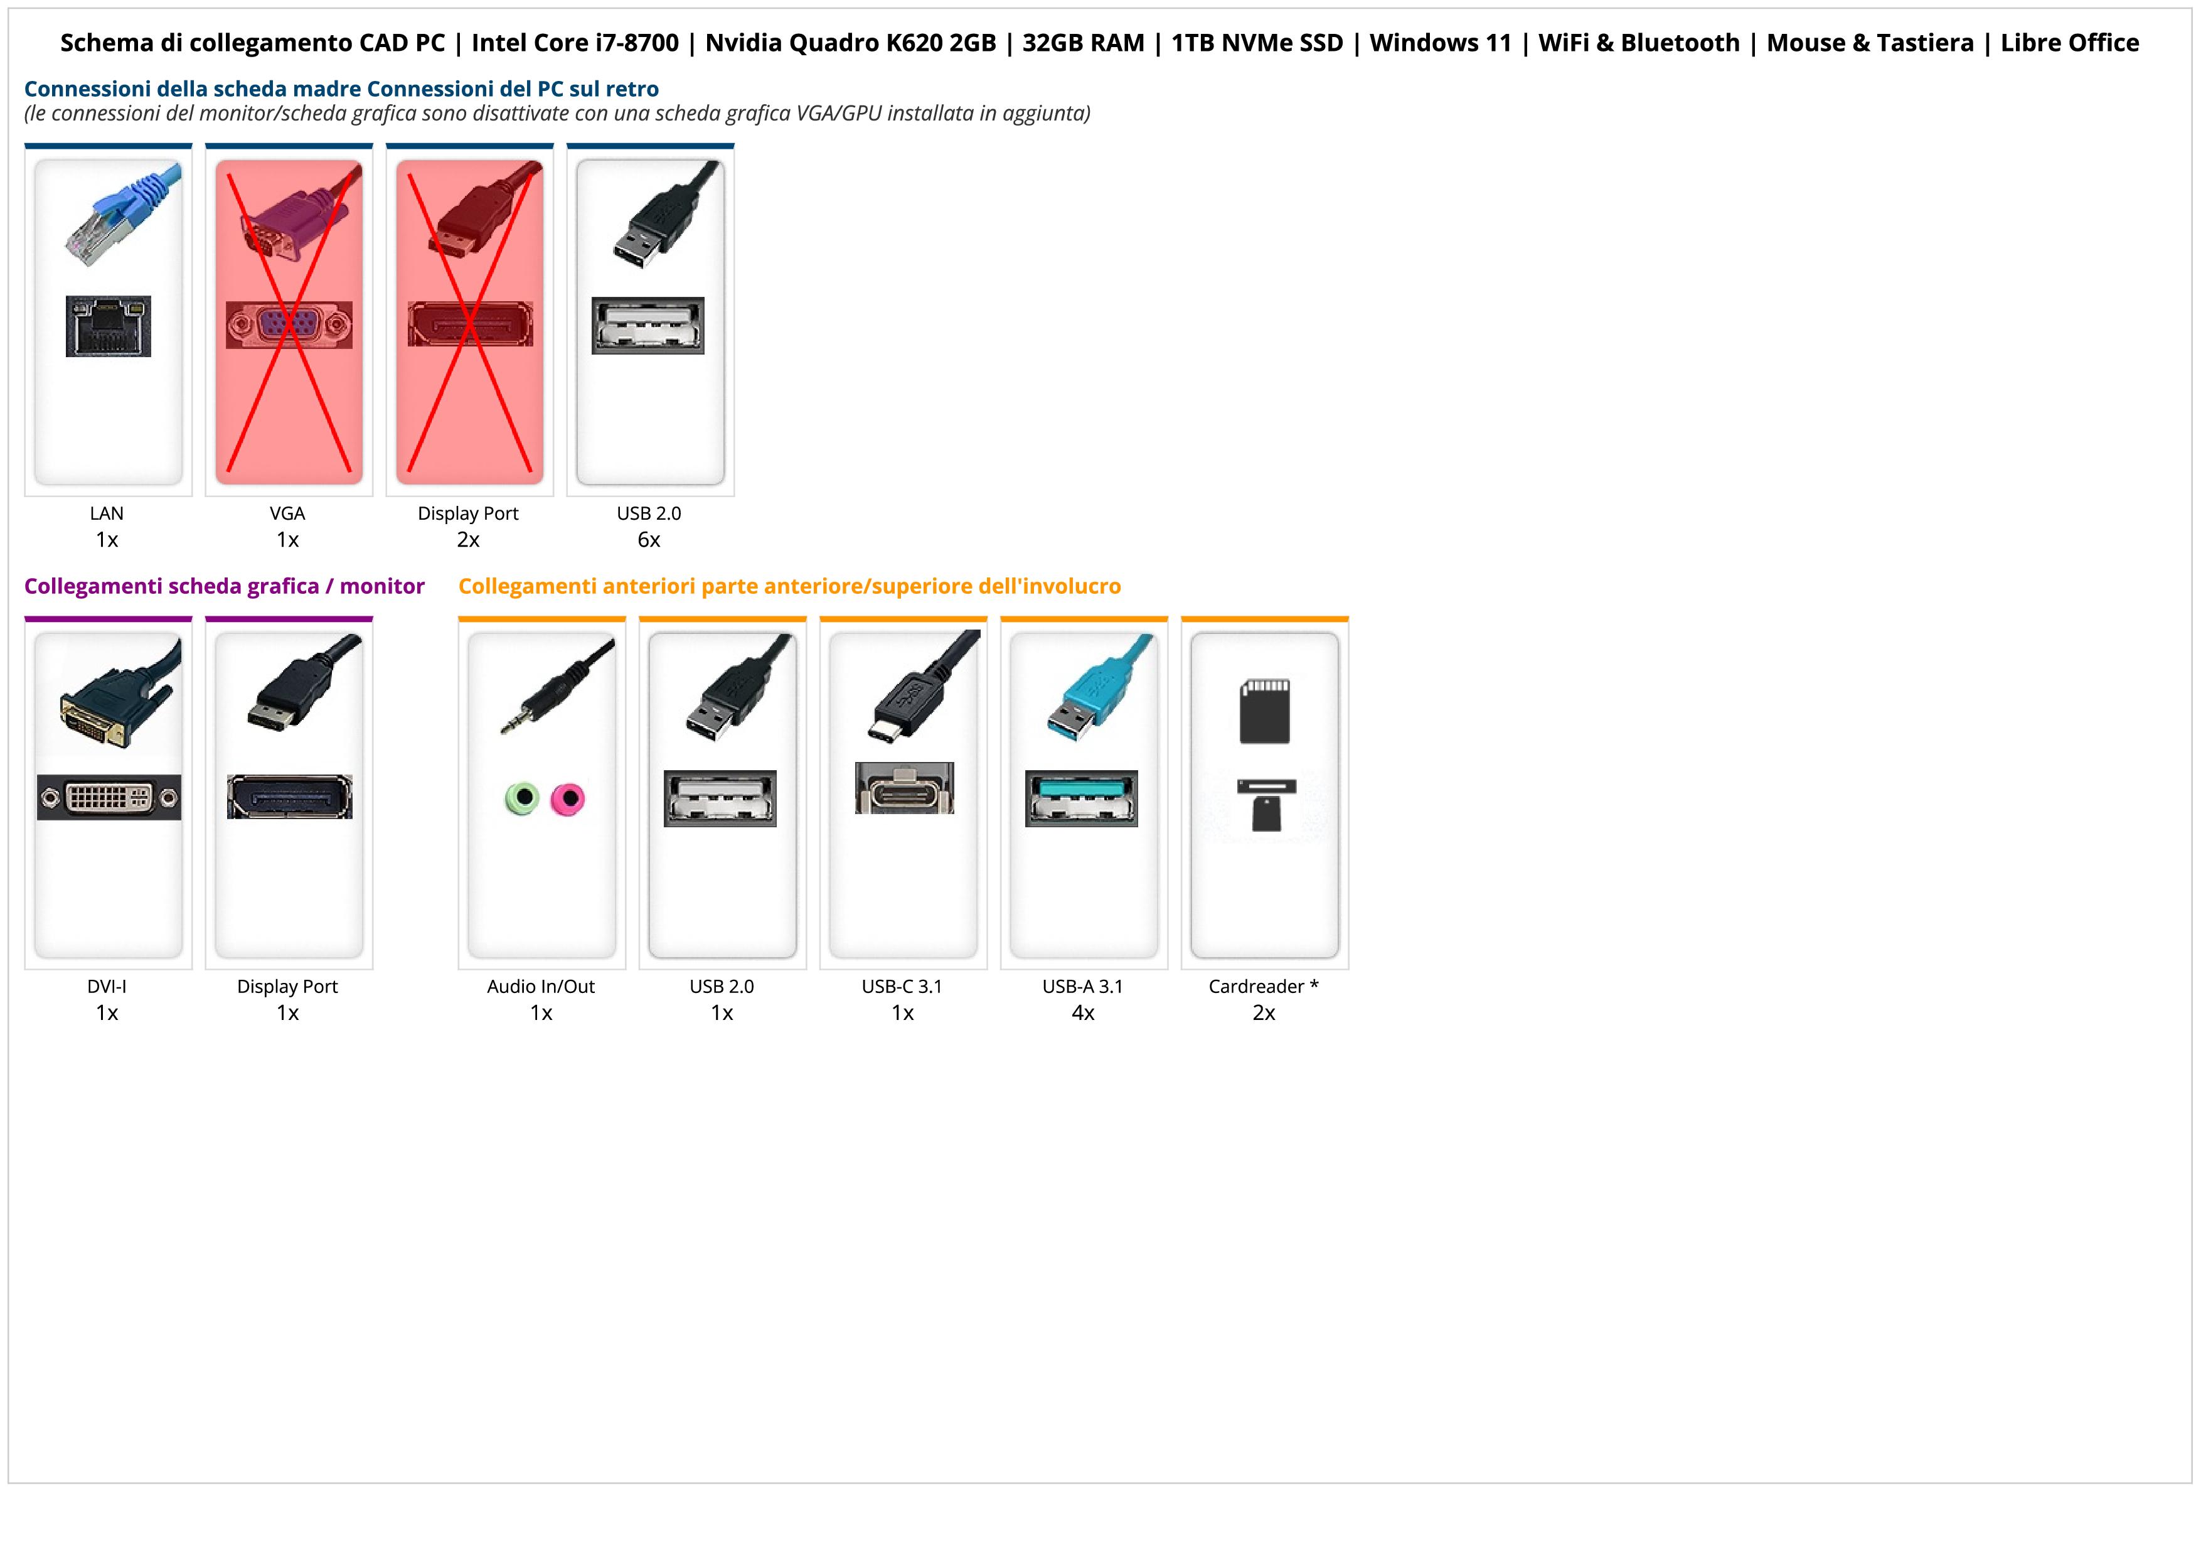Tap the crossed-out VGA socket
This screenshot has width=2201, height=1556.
click(289, 325)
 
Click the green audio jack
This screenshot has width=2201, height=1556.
click(521, 798)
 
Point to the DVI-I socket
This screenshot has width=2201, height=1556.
click(109, 798)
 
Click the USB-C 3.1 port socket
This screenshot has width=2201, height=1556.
click(904, 788)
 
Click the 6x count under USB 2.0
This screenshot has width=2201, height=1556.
click(649, 540)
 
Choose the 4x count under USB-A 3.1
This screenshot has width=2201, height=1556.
click(1083, 1012)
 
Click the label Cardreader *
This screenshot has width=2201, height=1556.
click(1264, 987)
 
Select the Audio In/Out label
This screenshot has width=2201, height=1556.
click(541, 987)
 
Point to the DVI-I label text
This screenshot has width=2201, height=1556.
click(107, 987)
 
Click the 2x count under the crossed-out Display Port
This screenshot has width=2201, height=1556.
click(468, 540)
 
